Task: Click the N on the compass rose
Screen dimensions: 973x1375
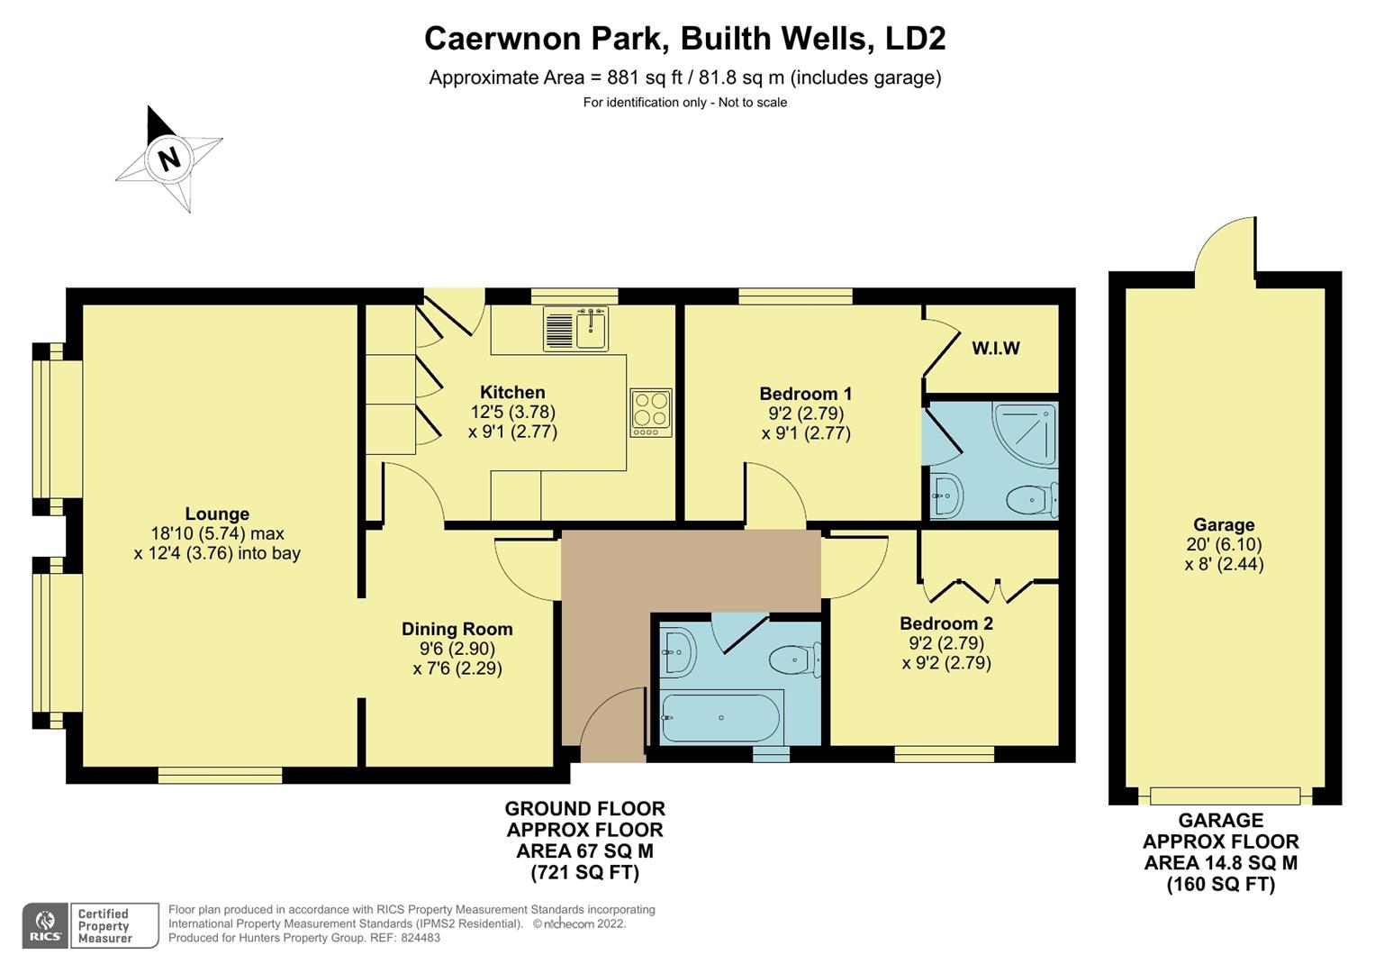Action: point(168,159)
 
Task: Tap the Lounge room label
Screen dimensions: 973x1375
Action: point(217,514)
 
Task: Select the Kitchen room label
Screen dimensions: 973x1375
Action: point(512,392)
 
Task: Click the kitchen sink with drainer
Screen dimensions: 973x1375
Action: point(576,328)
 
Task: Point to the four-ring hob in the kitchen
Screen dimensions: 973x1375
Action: point(651,412)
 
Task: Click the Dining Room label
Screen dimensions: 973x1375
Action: point(457,629)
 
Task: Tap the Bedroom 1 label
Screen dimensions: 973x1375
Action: point(805,394)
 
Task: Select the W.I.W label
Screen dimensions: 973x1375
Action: point(995,349)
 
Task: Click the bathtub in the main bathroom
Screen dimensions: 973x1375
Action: point(721,717)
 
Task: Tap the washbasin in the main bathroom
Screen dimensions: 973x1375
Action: point(676,650)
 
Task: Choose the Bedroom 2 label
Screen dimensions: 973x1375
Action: point(946,623)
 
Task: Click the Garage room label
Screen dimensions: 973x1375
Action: point(1224,525)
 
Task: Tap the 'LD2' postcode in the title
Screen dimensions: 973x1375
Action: point(915,39)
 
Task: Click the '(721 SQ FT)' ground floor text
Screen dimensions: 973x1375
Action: point(584,872)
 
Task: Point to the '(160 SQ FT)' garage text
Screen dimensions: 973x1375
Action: point(1221,884)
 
